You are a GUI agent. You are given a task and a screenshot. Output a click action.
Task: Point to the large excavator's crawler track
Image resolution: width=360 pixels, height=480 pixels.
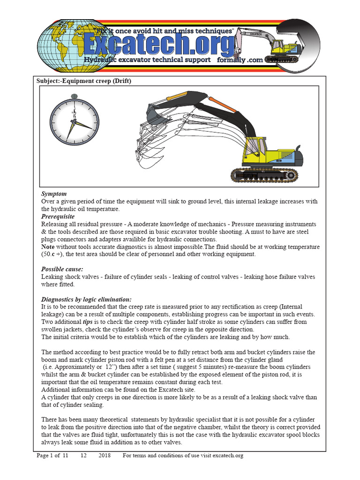pyautogui.click(x=264, y=175)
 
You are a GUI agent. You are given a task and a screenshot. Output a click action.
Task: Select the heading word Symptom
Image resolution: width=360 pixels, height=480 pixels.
pyautogui.click(x=54, y=194)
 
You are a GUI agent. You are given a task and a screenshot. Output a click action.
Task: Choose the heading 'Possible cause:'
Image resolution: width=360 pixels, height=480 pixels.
pyautogui.click(x=62, y=269)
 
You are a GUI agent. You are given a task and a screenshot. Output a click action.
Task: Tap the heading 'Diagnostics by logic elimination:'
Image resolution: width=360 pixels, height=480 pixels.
pyautogui.click(x=86, y=299)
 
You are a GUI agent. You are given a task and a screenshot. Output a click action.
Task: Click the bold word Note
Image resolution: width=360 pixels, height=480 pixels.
pyautogui.click(x=48, y=247)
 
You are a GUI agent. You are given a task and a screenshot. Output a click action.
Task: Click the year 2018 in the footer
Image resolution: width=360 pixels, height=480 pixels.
pyautogui.click(x=105, y=455)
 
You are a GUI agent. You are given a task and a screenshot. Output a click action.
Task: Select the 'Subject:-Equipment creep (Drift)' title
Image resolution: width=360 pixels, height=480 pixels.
pyautogui.click(x=84, y=81)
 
